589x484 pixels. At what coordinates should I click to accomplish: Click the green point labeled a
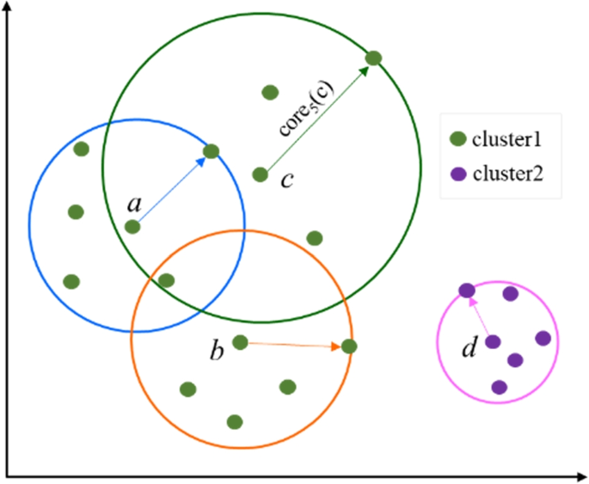click(x=132, y=227)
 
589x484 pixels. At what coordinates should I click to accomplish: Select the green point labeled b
click(x=241, y=342)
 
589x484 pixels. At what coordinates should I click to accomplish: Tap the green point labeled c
click(x=261, y=175)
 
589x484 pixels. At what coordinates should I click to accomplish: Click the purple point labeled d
click(x=493, y=342)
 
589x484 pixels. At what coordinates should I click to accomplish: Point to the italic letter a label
click(x=133, y=204)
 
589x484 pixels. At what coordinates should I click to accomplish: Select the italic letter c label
click(x=287, y=180)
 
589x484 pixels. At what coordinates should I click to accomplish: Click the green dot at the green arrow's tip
click(x=373, y=58)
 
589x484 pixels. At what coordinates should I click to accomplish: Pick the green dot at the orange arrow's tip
click(x=349, y=346)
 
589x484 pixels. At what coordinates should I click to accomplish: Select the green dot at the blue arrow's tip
click(x=211, y=151)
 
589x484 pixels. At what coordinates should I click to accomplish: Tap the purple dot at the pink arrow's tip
click(x=466, y=291)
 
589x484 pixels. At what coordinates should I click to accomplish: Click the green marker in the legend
click(x=457, y=138)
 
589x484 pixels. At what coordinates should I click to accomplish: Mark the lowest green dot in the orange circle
click(x=234, y=421)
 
